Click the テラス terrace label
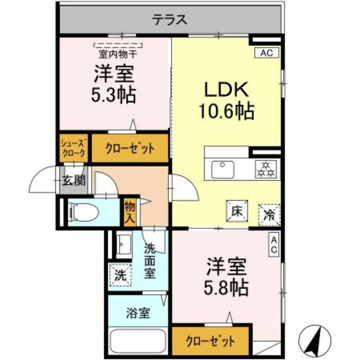pyautogui.click(x=169, y=20)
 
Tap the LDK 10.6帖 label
pyautogui.click(x=227, y=100)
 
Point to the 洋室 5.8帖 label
pyautogui.click(x=226, y=277)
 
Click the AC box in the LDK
pyautogui.click(x=267, y=53)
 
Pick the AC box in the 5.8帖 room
pyautogui.click(x=274, y=244)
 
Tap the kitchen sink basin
pyautogui.click(x=223, y=170)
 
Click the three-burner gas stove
pyautogui.click(x=265, y=169)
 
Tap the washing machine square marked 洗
pyautogui.click(x=121, y=275)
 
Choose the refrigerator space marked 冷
pyautogui.click(x=269, y=215)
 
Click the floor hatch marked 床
pyautogui.click(x=237, y=211)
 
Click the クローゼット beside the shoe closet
pyautogui.click(x=130, y=148)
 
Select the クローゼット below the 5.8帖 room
pyautogui.click(x=211, y=341)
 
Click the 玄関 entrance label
pyautogui.click(x=74, y=180)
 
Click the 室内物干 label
pyautogui.click(x=118, y=55)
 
